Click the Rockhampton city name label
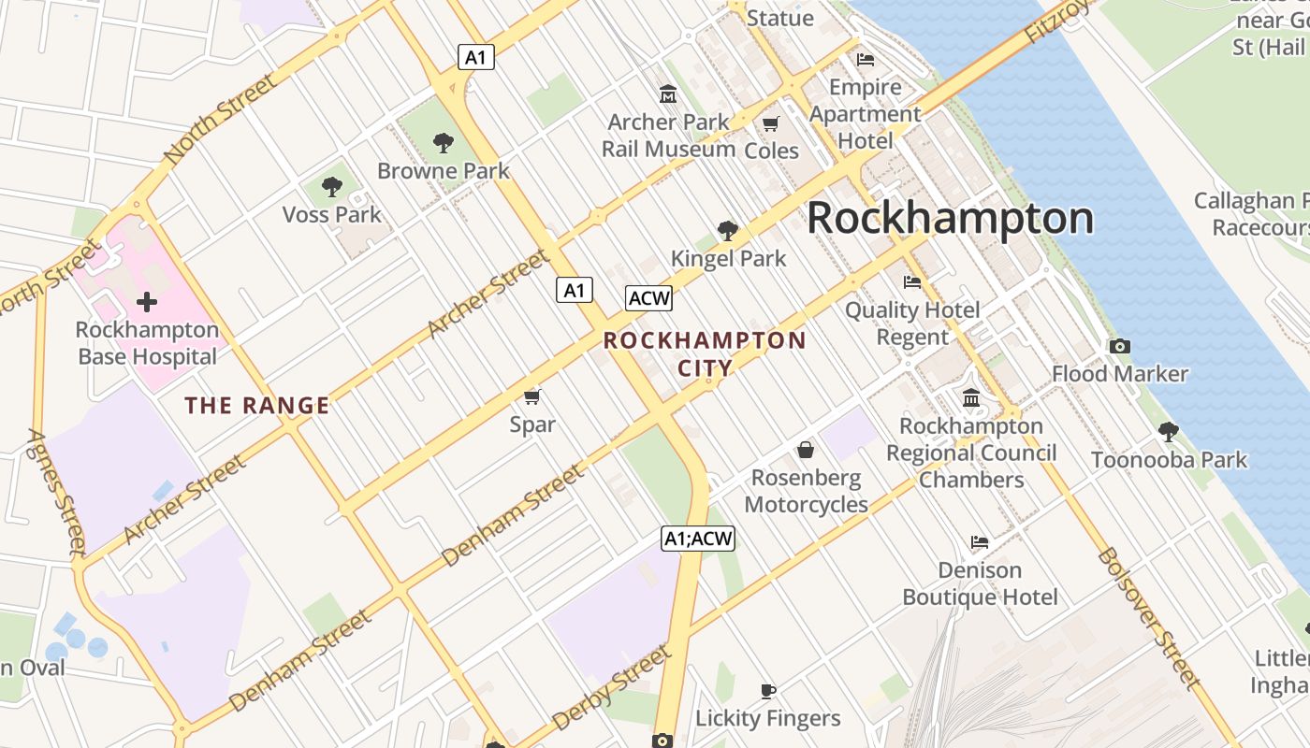950,218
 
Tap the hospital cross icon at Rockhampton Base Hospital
146,302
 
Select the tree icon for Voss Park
331,187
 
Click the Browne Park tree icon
443,143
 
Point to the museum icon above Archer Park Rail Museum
668,94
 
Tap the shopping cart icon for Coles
771,123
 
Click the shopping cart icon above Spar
532,397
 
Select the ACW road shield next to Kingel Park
648,298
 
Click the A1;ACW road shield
698,539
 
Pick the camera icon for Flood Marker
1119,347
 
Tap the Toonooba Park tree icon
1168,432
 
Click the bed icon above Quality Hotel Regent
912,282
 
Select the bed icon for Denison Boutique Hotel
979,542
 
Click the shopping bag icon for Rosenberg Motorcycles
806,451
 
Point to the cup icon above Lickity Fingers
768,691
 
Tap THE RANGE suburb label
256,406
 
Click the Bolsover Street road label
1148,617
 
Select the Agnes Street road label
57,491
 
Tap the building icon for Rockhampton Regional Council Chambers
971,398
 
